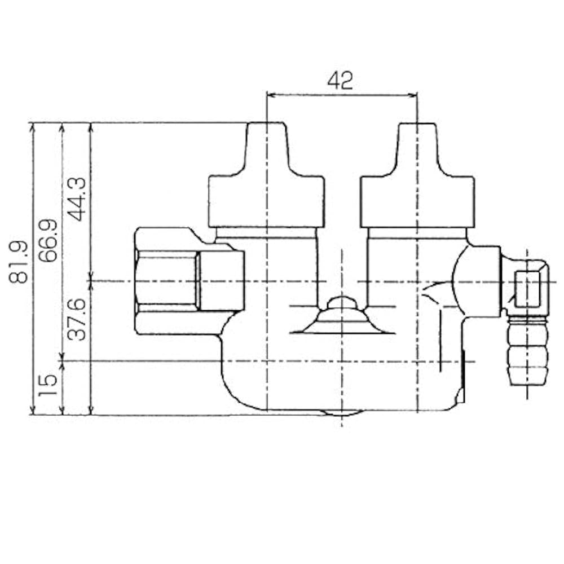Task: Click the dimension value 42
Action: click(340, 81)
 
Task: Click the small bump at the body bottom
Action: click(341, 414)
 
